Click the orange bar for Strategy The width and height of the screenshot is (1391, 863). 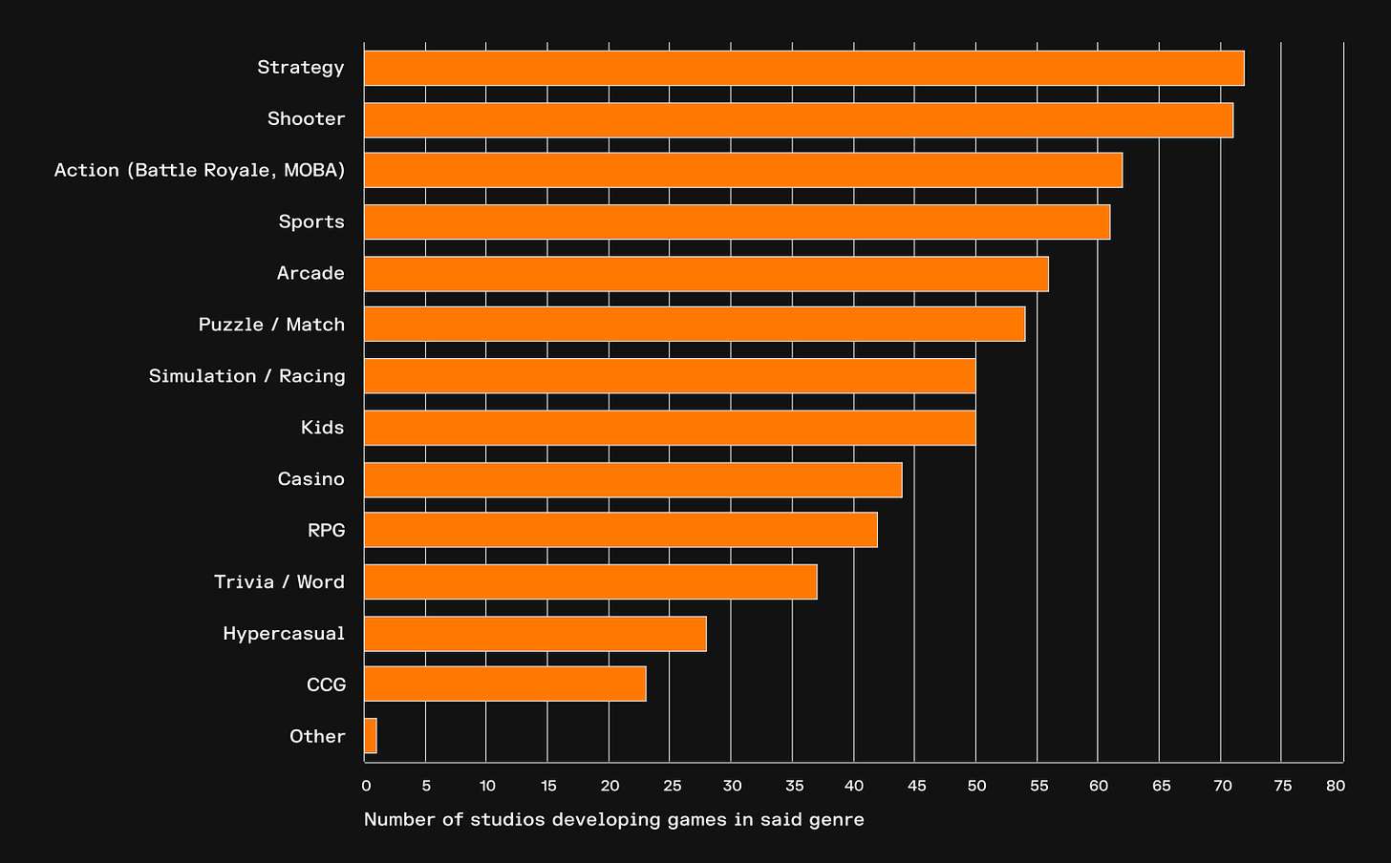[x=803, y=68]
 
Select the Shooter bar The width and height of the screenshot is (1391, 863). [x=798, y=119]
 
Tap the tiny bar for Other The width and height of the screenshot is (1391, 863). [x=371, y=736]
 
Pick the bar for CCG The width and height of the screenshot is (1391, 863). [x=504, y=684]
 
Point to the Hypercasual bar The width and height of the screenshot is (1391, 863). [x=535, y=633]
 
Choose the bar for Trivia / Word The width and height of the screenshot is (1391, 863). [x=590, y=581]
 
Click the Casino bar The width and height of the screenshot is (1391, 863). [x=632, y=479]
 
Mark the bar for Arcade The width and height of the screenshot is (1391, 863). [x=706, y=273]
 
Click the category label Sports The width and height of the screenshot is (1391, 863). [x=311, y=221]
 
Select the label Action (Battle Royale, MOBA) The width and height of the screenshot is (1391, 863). [x=200, y=170]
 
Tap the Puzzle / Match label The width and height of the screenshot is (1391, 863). [x=271, y=325]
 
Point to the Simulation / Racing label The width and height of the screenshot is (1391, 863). [x=246, y=376]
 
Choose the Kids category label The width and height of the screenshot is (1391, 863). [x=322, y=428]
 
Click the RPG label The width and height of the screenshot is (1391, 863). [x=326, y=530]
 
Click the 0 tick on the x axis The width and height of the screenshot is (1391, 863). [x=366, y=787]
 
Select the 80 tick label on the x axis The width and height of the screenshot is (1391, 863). [x=1336, y=787]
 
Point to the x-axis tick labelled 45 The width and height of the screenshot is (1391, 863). [x=916, y=787]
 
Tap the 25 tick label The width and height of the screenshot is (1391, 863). [x=672, y=787]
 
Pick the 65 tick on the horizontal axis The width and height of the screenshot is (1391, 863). [x=1161, y=787]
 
